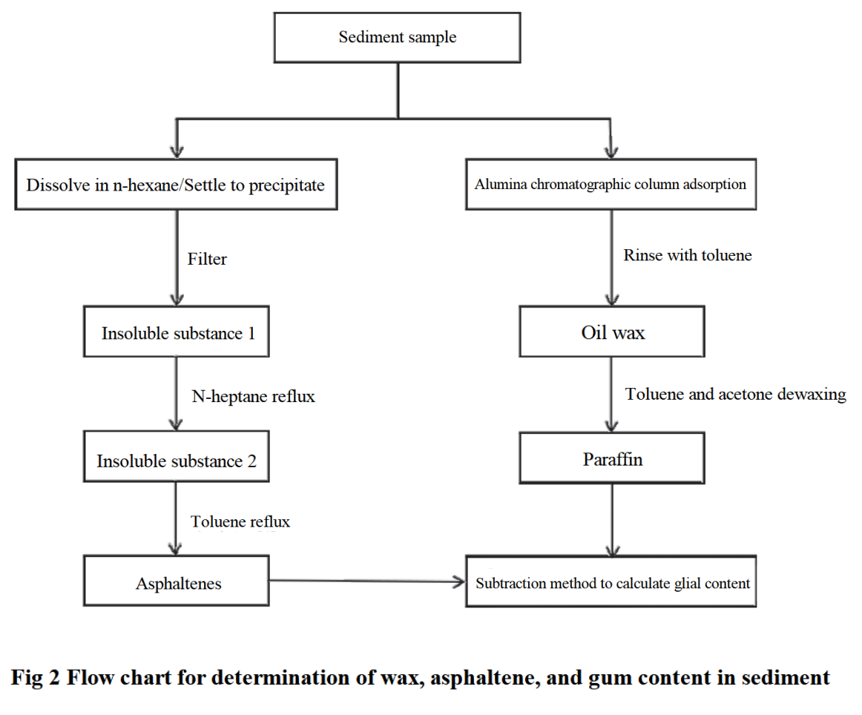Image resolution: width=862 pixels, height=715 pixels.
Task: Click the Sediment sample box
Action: point(397,37)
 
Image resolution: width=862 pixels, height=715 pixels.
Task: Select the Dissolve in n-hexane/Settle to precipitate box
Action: point(176,185)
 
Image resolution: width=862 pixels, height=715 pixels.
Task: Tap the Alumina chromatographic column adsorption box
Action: point(611,183)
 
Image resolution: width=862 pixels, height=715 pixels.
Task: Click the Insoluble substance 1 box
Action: point(178,333)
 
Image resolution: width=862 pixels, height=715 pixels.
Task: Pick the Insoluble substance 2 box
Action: point(177,461)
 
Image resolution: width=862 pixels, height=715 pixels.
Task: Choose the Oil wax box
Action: point(612,333)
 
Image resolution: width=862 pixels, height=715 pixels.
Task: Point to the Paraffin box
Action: point(612,460)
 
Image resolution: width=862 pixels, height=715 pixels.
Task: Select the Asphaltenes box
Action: point(178,583)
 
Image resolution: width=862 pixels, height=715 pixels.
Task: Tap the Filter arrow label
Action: point(207,259)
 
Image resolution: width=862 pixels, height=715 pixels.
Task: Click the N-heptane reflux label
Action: point(253,397)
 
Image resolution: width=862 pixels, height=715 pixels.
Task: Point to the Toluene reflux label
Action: point(240,522)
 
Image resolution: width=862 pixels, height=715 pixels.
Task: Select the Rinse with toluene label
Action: point(687,256)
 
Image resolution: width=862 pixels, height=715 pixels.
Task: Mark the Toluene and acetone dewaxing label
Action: point(735,395)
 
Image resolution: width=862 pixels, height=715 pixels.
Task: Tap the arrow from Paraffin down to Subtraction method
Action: point(612,519)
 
